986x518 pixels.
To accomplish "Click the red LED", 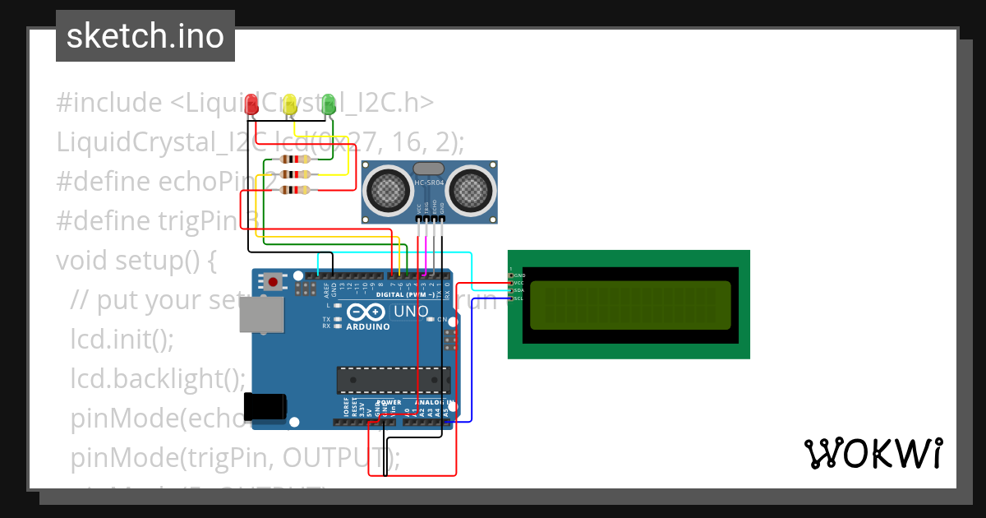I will (x=252, y=104).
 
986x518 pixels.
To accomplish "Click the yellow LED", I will (x=289, y=104).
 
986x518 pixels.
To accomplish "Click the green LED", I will (x=329, y=104).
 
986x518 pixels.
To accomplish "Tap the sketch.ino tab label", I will (x=145, y=36).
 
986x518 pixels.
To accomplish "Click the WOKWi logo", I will (x=873, y=453).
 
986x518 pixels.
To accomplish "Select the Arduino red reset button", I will (x=273, y=282).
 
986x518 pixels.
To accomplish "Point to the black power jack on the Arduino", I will (x=266, y=405).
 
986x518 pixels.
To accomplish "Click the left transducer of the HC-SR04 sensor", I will (x=389, y=190).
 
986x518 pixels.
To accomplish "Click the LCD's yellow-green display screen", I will (x=630, y=304).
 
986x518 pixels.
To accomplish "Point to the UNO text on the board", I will (x=410, y=312).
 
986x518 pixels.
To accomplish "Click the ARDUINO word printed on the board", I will (x=367, y=326).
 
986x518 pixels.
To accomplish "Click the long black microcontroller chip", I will (x=394, y=380).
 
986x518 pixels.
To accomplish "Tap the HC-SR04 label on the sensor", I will (x=429, y=183).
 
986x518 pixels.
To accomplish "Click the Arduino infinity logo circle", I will (x=366, y=312).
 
